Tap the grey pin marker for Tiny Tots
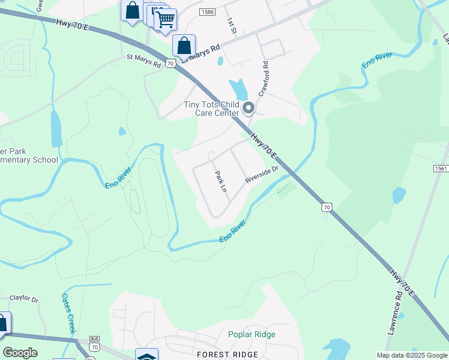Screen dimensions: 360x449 pyautogui.click(x=249, y=109)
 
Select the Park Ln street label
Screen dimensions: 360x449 pyautogui.click(x=221, y=181)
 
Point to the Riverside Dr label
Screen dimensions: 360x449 pyautogui.click(x=262, y=175)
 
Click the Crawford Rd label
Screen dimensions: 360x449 pyautogui.click(x=265, y=79)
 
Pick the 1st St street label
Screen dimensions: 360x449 pyautogui.click(x=232, y=26)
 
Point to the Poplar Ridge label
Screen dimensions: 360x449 pyautogui.click(x=252, y=335)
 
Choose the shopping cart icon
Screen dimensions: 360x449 pyautogui.click(x=166, y=20)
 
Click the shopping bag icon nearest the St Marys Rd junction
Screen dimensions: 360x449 pyautogui.click(x=184, y=46)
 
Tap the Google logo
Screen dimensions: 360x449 pyautogui.click(x=20, y=353)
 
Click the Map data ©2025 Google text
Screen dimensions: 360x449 pyautogui.click(x=412, y=355)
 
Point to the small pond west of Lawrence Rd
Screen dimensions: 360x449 pyautogui.click(x=399, y=196)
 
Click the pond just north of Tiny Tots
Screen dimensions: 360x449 pyautogui.click(x=238, y=89)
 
